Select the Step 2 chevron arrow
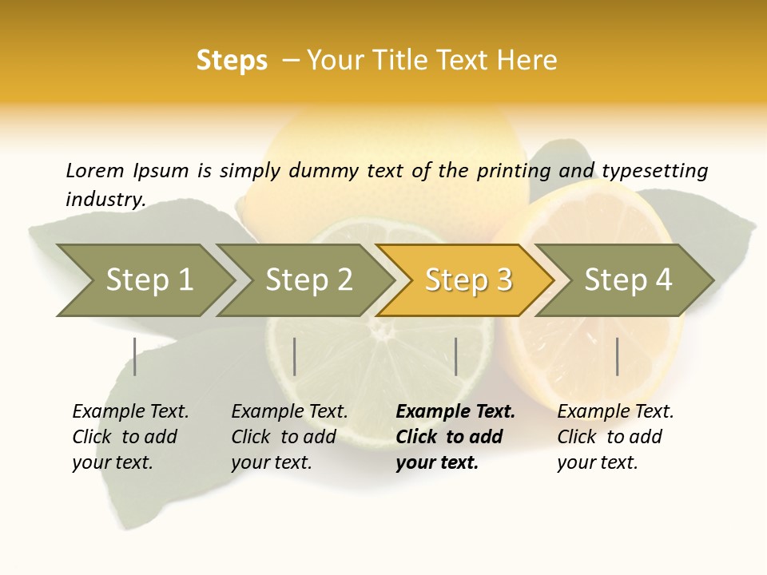(308, 280)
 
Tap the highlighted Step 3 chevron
(468, 280)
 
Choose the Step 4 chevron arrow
(628, 280)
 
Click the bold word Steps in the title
(232, 61)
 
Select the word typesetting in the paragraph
(654, 170)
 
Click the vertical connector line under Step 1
(135, 356)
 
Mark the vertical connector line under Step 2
(295, 356)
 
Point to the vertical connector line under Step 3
(455, 356)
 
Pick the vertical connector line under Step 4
(617, 356)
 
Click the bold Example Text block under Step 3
(455, 437)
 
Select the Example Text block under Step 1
(130, 437)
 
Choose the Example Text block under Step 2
(289, 437)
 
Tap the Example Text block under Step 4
(615, 437)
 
